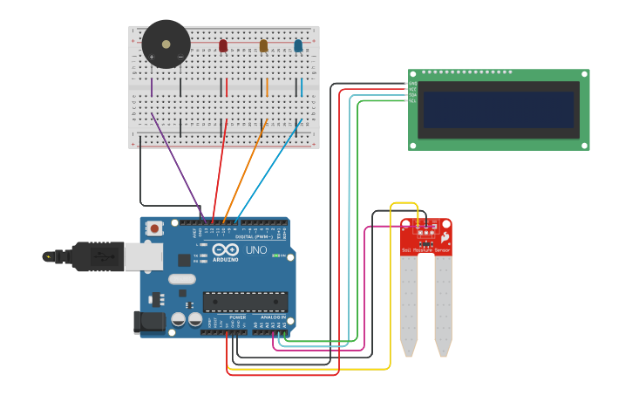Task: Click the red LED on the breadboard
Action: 223,45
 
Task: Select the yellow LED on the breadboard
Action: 263,45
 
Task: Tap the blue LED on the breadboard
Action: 298,45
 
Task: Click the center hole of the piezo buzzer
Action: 166,44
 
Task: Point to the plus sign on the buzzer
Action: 152,58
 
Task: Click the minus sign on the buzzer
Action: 180,58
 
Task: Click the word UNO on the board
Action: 256,250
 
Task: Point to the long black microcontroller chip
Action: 245,302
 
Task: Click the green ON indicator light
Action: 276,255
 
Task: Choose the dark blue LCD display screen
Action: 499,110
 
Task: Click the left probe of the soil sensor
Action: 409,305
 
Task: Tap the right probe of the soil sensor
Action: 443,305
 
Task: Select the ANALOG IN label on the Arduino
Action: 273,317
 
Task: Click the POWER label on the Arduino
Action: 237,317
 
